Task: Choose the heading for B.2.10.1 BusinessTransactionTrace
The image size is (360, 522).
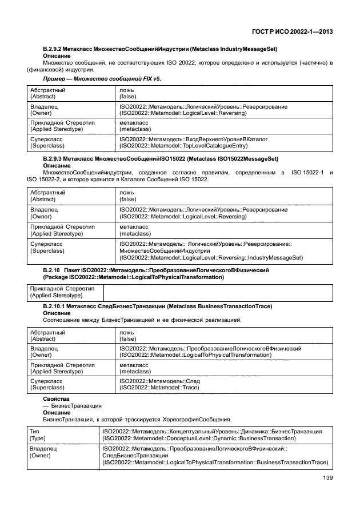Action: pos(154,306)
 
